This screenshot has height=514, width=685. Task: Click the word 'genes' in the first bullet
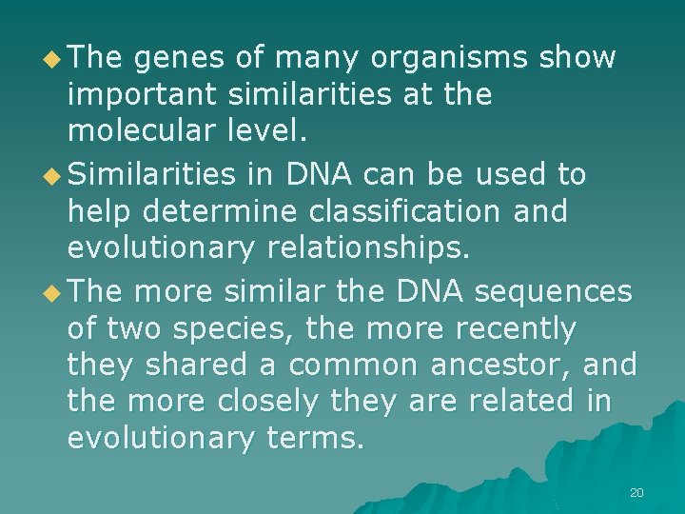178,59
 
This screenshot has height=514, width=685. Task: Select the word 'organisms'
448,59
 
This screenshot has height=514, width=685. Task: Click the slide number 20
636,492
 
